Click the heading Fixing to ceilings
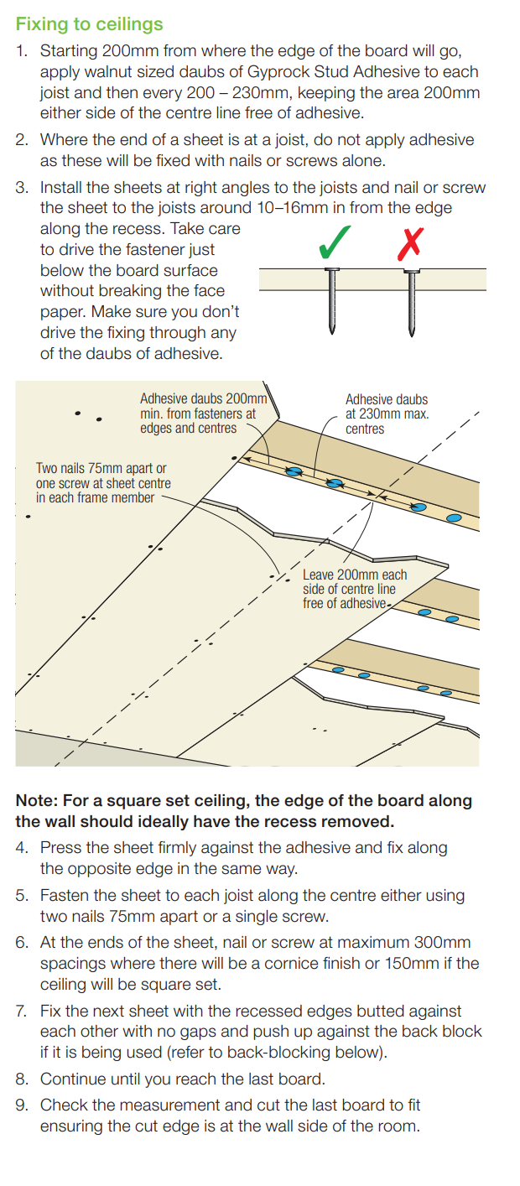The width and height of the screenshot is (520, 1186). coord(89,25)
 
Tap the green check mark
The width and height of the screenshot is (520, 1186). coord(334,242)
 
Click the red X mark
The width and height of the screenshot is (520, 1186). coord(410,244)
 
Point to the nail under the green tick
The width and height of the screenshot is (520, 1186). coord(332,301)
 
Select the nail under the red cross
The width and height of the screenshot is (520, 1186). coord(412,303)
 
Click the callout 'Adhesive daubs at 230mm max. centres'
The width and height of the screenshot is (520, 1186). coord(387,414)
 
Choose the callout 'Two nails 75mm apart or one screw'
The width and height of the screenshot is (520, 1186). coord(103,483)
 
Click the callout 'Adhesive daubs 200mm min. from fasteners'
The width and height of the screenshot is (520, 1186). coord(203,414)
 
